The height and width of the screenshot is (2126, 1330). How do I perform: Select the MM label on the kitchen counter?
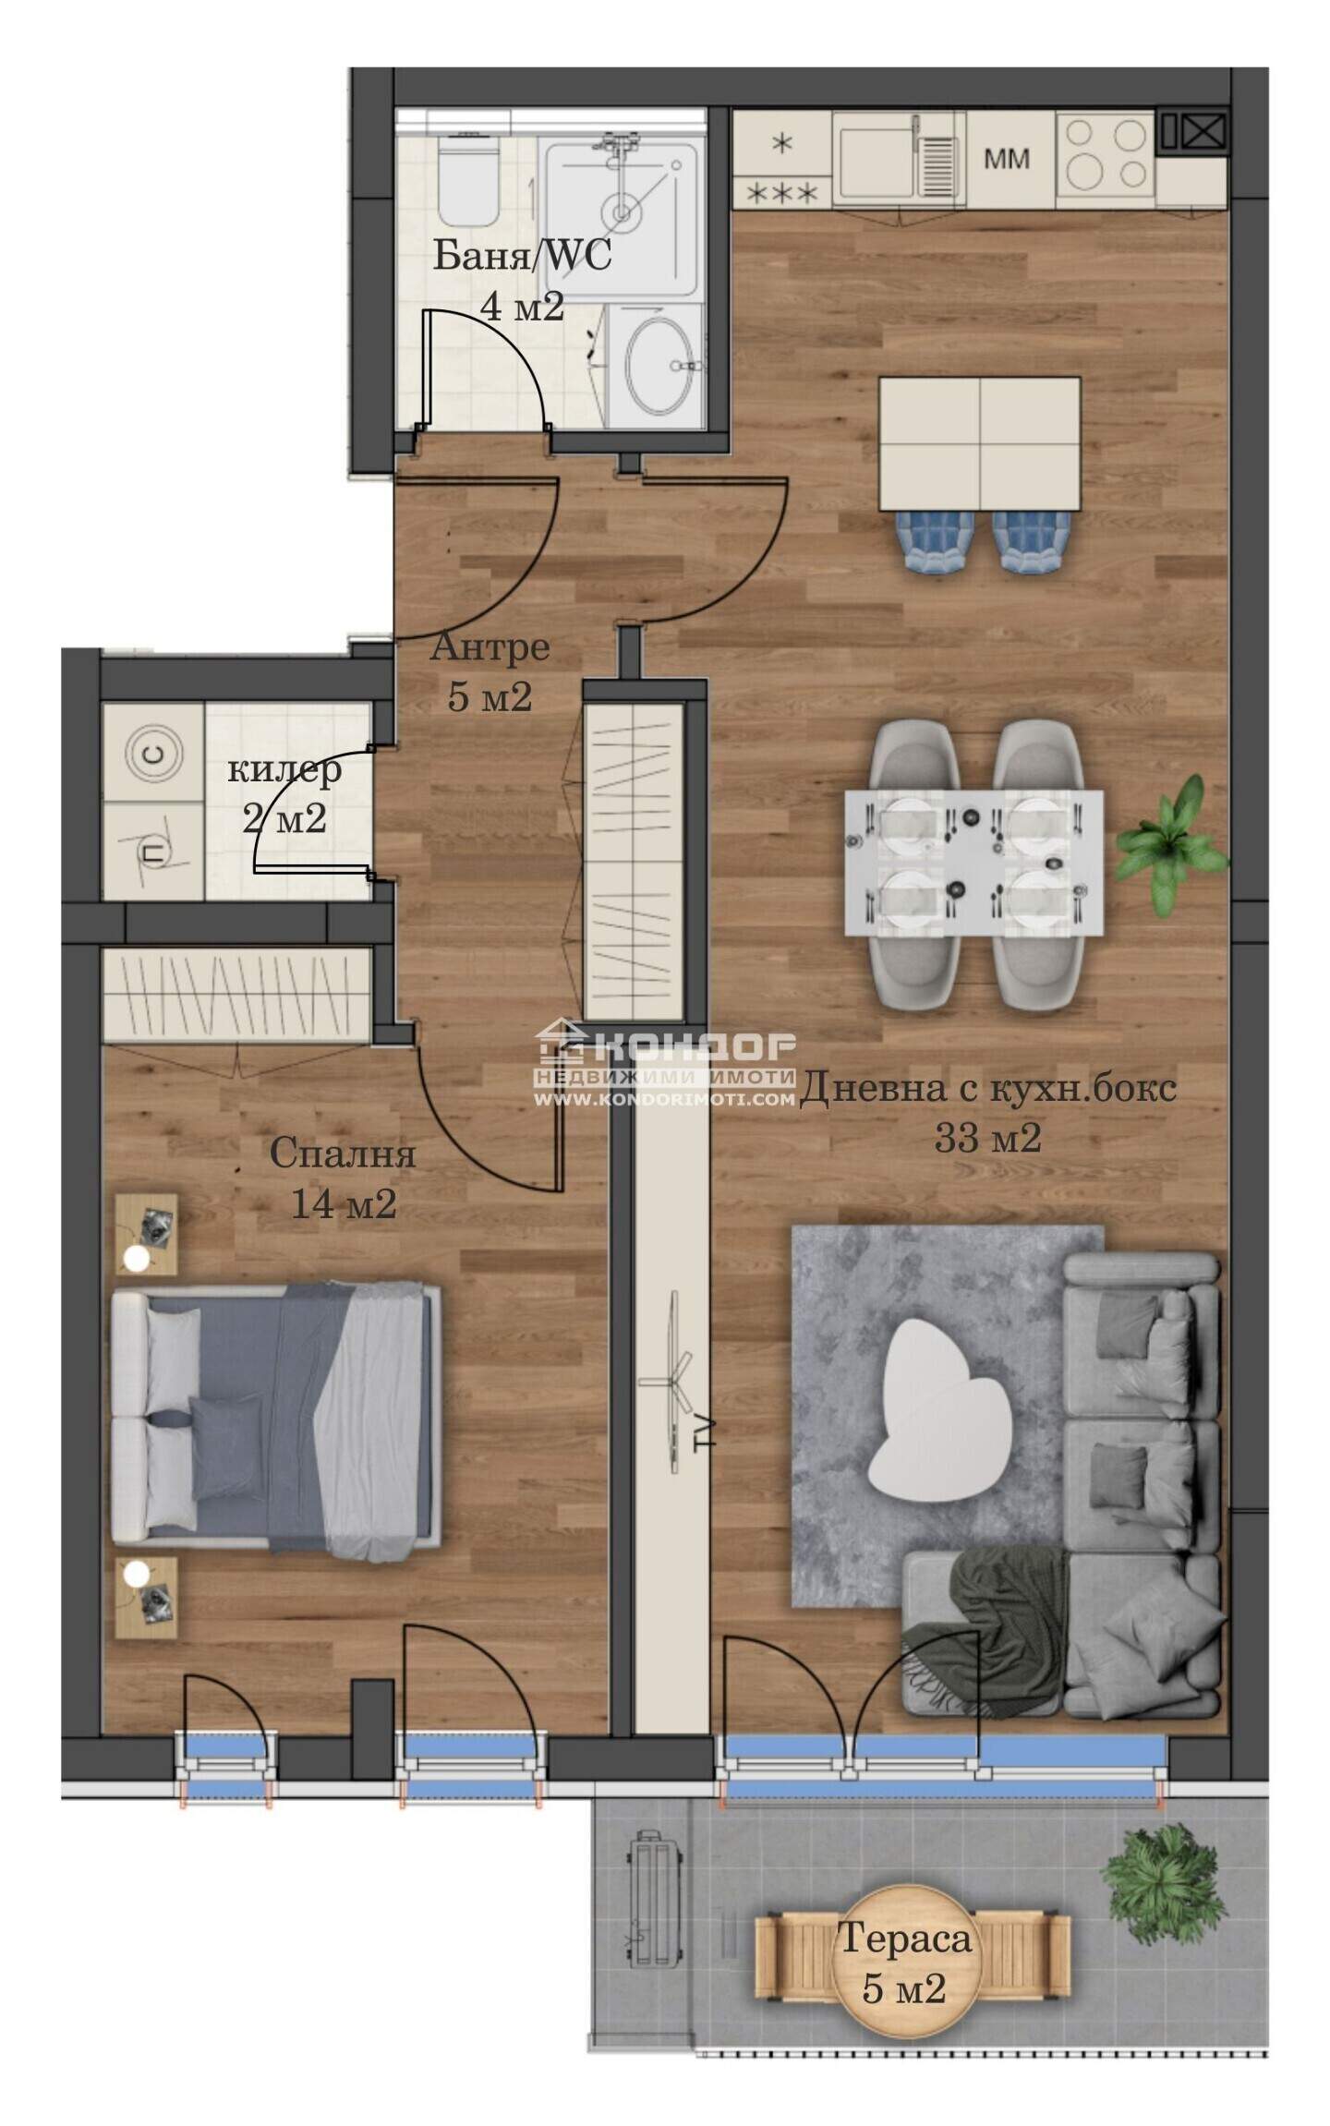pyautogui.click(x=1006, y=159)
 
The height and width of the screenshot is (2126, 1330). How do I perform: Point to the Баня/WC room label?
pyautogui.click(x=523, y=255)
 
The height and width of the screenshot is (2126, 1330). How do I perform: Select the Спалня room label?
pyautogui.click(x=343, y=1154)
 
